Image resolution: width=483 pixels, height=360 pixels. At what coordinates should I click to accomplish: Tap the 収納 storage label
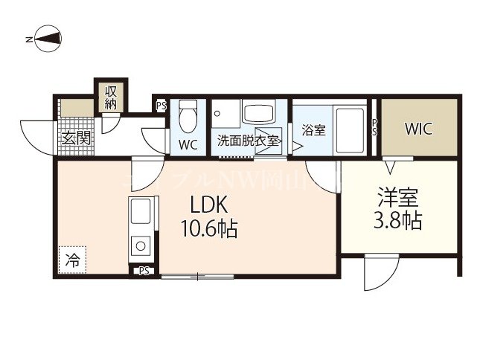(111, 97)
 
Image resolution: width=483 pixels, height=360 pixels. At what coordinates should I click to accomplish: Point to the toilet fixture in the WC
(188, 118)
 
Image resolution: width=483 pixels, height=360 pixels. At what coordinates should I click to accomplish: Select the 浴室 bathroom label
(313, 130)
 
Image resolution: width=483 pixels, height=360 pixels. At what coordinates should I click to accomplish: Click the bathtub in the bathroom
(349, 129)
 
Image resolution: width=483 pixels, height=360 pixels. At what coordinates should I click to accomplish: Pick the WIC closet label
(418, 128)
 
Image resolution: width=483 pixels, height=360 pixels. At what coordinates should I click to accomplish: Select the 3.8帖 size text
(397, 221)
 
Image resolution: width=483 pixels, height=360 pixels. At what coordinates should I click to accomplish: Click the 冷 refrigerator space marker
(72, 260)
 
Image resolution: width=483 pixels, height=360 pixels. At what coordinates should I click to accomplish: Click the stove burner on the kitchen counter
(140, 245)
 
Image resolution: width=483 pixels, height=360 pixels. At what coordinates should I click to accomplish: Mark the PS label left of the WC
(161, 106)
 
